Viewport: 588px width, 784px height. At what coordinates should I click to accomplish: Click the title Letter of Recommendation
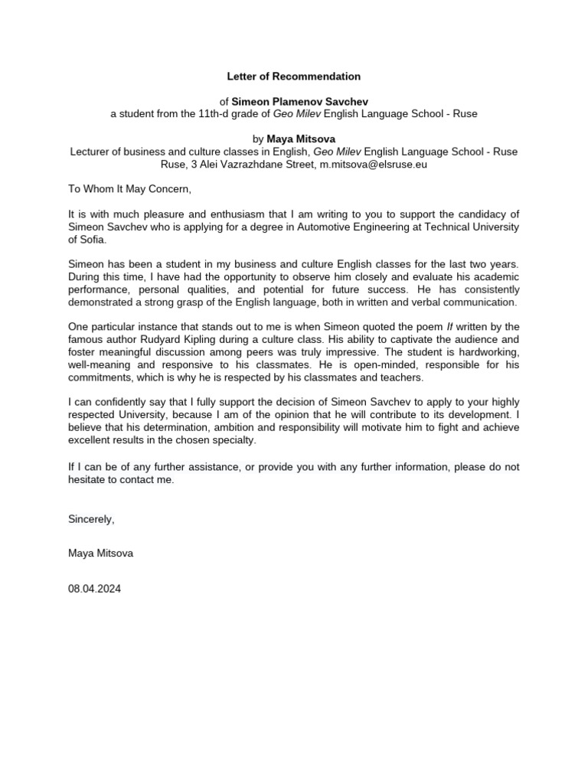(294, 77)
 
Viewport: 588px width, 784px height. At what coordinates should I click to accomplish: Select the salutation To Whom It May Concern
(128, 189)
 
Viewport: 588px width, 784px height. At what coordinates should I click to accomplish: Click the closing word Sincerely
(91, 519)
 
